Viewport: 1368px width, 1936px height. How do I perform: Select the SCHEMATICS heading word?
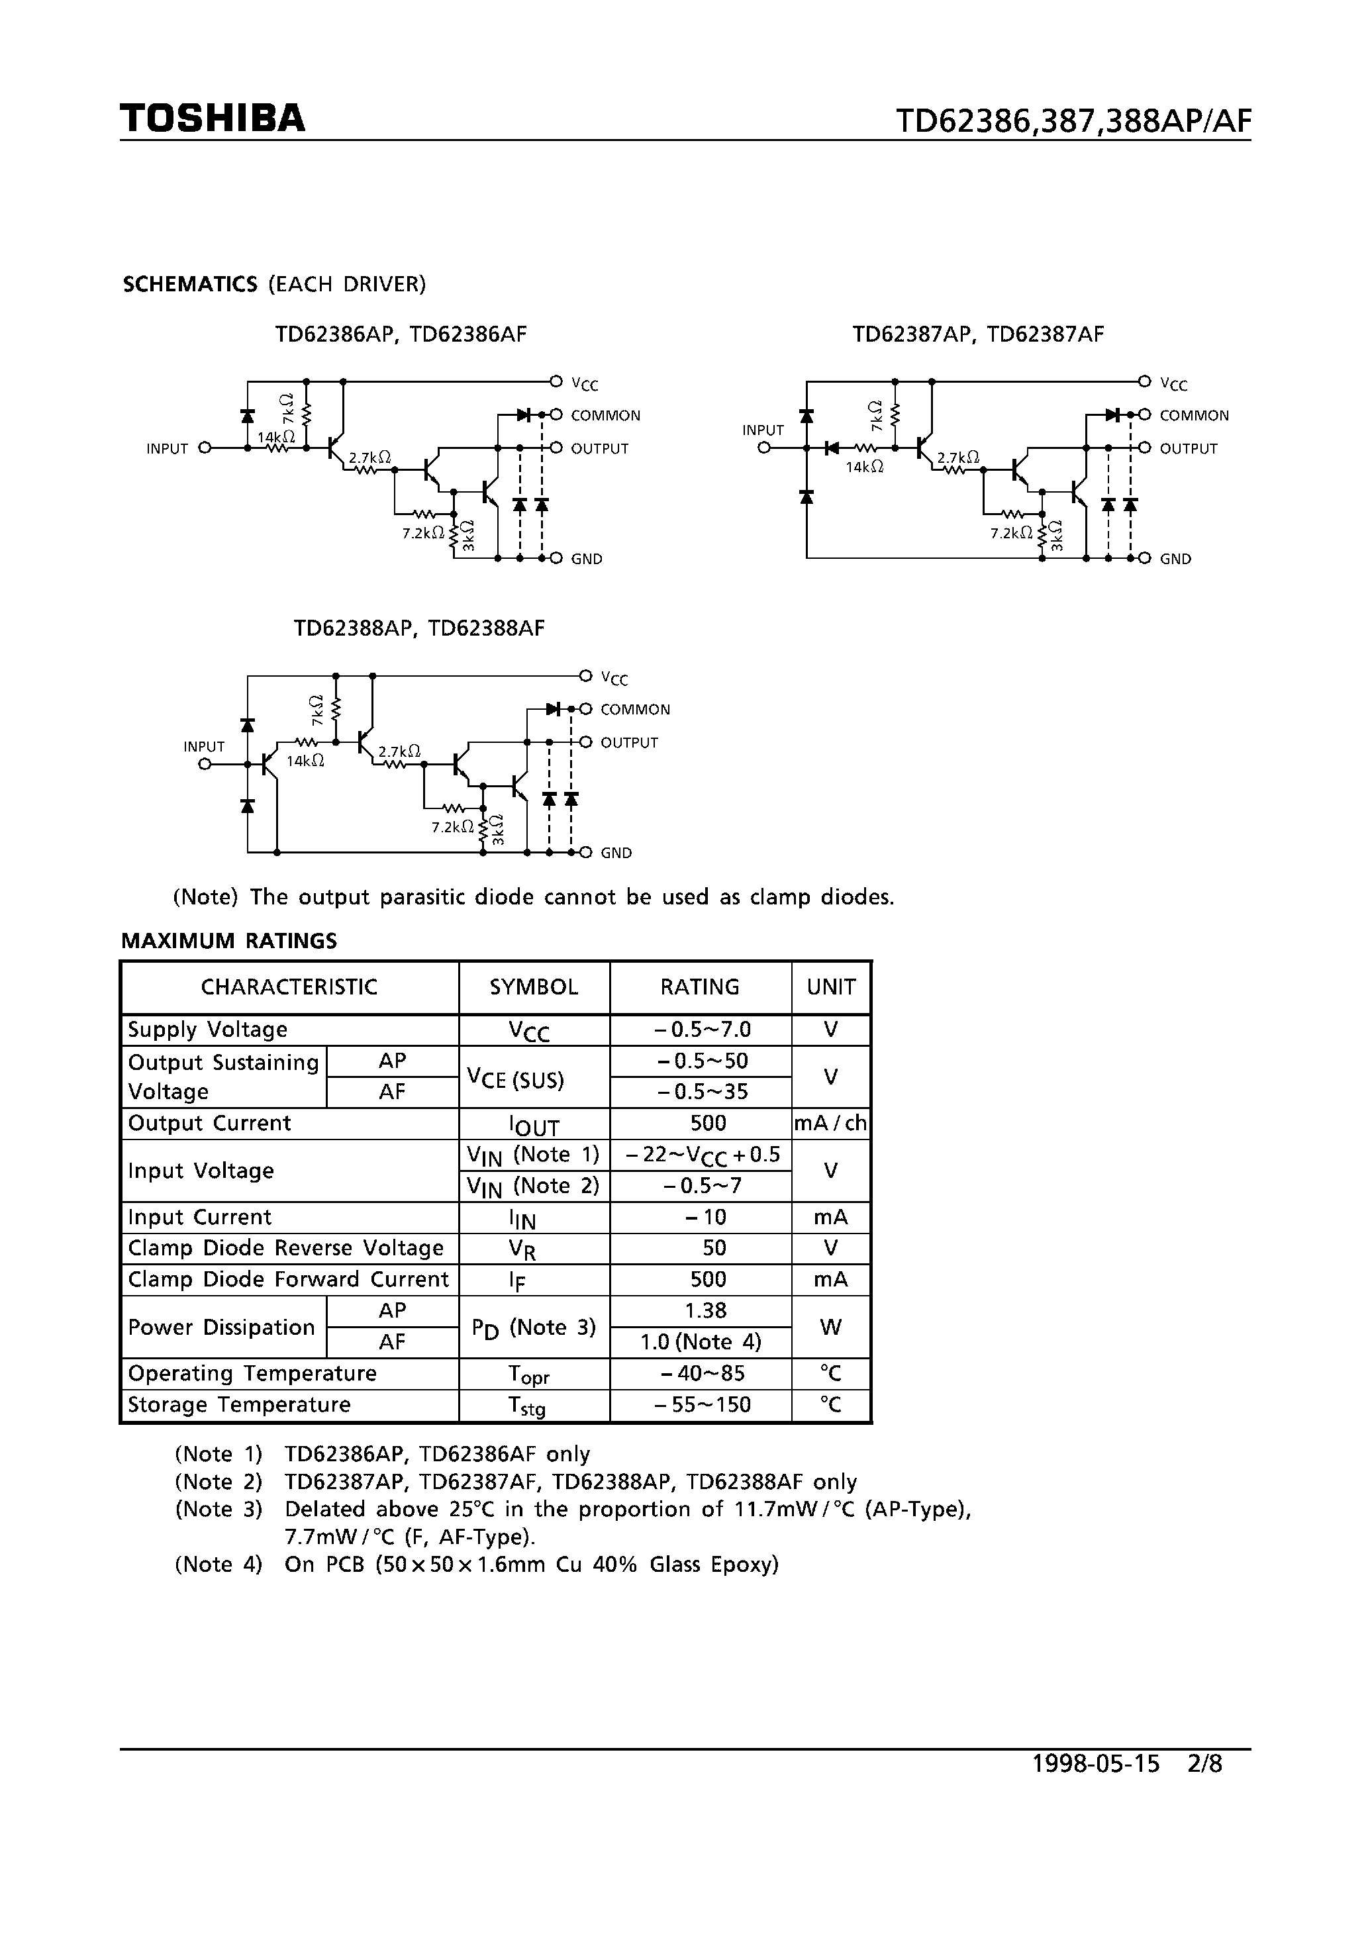[x=190, y=284]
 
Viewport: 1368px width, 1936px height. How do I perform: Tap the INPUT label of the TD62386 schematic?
[x=167, y=449]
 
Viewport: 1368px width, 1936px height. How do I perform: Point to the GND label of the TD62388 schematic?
[x=616, y=853]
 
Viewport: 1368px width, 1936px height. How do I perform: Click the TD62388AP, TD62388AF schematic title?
[x=419, y=628]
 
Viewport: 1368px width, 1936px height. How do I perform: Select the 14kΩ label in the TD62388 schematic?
[x=305, y=761]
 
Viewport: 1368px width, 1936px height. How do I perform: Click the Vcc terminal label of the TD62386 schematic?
[x=585, y=385]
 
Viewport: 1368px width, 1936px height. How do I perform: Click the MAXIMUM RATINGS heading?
[x=228, y=941]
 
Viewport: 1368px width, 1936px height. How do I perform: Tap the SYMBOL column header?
[x=534, y=987]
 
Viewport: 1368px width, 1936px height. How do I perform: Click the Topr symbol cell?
[x=529, y=1375]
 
